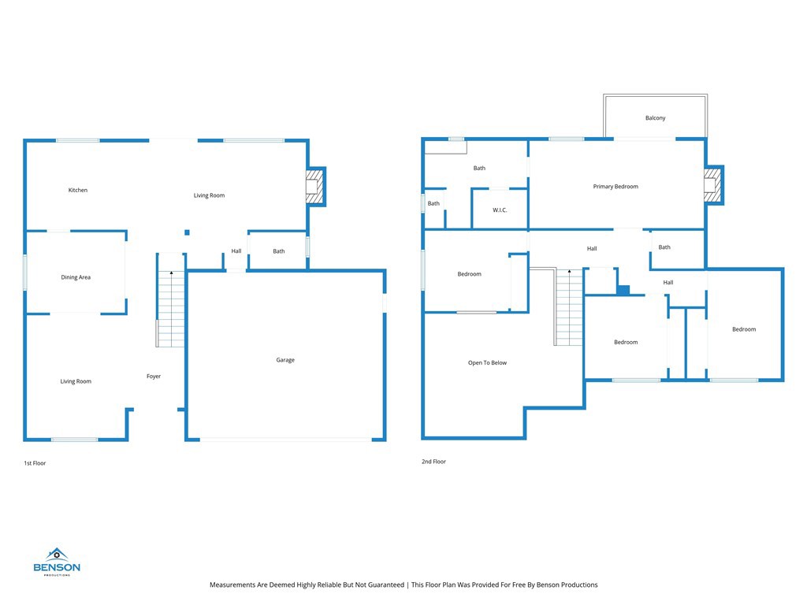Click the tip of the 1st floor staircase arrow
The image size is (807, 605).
pyautogui.click(x=171, y=272)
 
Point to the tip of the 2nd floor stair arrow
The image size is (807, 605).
pyautogui.click(x=569, y=270)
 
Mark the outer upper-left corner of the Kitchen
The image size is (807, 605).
pyautogui.click(x=24, y=139)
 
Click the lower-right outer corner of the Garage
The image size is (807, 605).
pyautogui.click(x=386, y=441)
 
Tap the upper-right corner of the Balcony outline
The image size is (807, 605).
pyautogui.click(x=707, y=95)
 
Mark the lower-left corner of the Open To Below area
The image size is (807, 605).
pyautogui.click(x=422, y=440)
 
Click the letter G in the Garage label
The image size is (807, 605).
pyautogui.click(x=278, y=360)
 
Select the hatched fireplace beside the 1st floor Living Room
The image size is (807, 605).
pyautogui.click(x=314, y=186)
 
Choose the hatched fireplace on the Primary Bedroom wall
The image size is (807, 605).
pyautogui.click(x=712, y=185)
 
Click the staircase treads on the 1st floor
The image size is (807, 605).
pyautogui.click(x=171, y=309)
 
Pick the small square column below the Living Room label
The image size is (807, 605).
pyautogui.click(x=187, y=232)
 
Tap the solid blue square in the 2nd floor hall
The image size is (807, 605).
pyautogui.click(x=623, y=290)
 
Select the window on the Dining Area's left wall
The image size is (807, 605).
pyautogui.click(x=24, y=273)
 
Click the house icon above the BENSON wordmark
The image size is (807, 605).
pyautogui.click(x=57, y=555)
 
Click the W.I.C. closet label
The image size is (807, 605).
pyautogui.click(x=500, y=210)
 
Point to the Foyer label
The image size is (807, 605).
pyautogui.click(x=154, y=376)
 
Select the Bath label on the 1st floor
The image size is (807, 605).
pyautogui.click(x=279, y=251)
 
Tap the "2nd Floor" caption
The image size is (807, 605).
pyautogui.click(x=434, y=462)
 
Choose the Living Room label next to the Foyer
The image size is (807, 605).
pyautogui.click(x=76, y=381)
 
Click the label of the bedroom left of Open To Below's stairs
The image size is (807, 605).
pyautogui.click(x=470, y=273)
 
